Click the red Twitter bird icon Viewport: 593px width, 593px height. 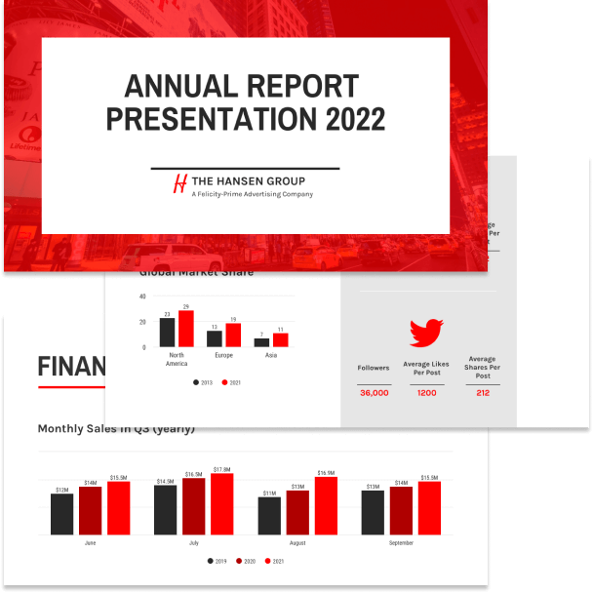pyautogui.click(x=426, y=334)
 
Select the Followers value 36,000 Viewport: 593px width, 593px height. pyautogui.click(x=374, y=392)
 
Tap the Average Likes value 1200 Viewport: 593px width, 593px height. pyautogui.click(x=426, y=392)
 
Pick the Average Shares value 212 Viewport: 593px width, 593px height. pyautogui.click(x=483, y=392)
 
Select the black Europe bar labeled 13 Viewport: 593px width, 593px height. pyautogui.click(x=214, y=338)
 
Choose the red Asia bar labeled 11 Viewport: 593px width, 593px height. pyautogui.click(x=281, y=340)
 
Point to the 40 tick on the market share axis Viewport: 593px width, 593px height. pyautogui.click(x=142, y=296)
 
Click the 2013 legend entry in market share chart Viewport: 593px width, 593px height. pyautogui.click(x=203, y=382)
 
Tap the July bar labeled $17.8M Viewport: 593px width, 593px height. pyautogui.click(x=221, y=504)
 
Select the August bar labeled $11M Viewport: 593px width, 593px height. pyautogui.click(x=270, y=516)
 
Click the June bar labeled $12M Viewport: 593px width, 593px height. pyautogui.click(x=62, y=514)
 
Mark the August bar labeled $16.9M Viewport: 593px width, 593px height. pyautogui.click(x=326, y=506)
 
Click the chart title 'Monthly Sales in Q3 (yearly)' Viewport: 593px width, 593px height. pyautogui.click(x=116, y=428)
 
